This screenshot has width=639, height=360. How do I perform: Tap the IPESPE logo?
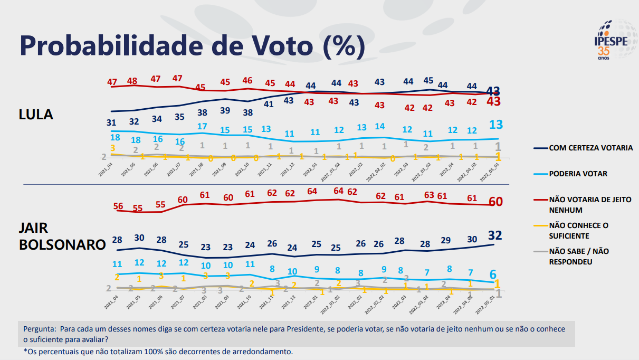tap(613, 41)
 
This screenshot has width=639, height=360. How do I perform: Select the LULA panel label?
tap(36, 115)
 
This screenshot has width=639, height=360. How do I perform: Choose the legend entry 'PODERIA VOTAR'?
tap(578, 174)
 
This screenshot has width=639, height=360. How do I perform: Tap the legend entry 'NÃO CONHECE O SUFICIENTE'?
tap(579, 231)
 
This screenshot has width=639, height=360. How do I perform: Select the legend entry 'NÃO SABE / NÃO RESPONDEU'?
tap(579, 256)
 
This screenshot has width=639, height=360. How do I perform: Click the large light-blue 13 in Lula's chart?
tap(495, 125)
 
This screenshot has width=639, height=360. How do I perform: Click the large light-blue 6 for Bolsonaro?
tap(492, 274)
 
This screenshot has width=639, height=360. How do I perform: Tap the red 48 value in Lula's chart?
tap(132, 81)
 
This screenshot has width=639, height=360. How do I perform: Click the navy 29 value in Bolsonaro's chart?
tap(446, 240)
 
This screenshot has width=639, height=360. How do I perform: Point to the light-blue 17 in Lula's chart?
tap(202, 127)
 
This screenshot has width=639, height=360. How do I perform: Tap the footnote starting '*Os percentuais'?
tap(158, 351)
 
